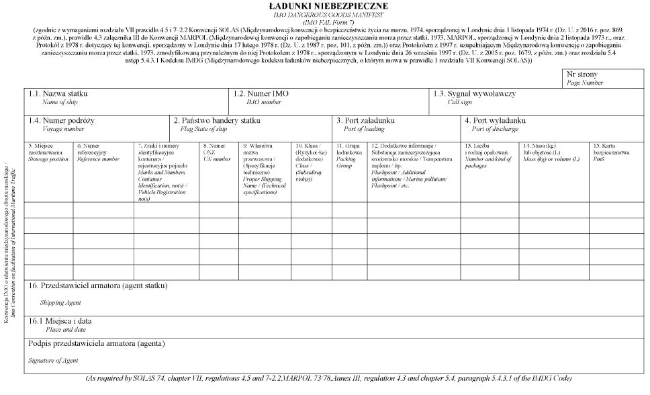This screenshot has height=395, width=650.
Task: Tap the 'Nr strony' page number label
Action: (x=582, y=75)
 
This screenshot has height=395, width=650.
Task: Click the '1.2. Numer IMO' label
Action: (x=261, y=93)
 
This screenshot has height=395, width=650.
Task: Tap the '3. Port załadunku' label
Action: (x=365, y=120)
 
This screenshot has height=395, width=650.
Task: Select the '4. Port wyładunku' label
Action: (x=495, y=120)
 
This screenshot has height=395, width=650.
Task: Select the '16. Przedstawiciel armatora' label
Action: (x=98, y=286)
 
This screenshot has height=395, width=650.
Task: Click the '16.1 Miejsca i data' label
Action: (x=60, y=321)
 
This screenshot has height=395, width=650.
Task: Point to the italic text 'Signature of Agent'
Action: (x=53, y=361)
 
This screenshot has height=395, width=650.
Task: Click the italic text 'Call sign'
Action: (x=460, y=102)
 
